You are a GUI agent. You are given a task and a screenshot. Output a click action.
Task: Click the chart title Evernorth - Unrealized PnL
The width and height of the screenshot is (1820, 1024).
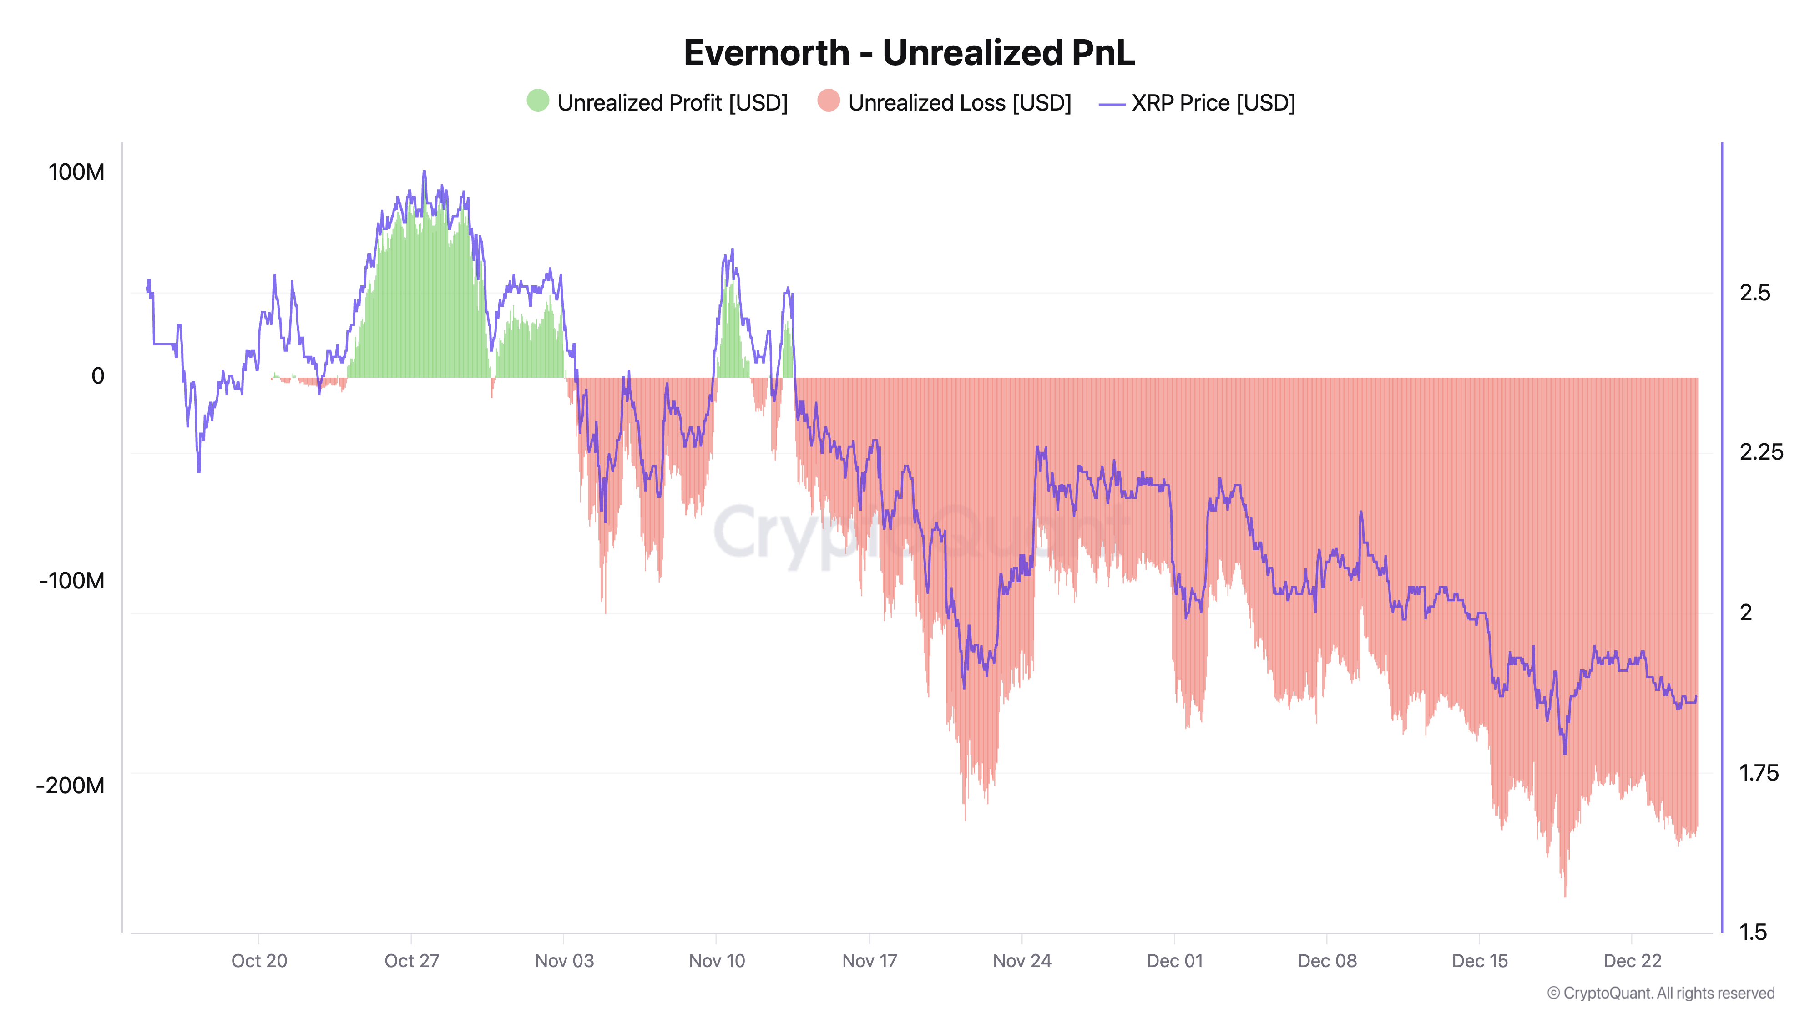point(909,53)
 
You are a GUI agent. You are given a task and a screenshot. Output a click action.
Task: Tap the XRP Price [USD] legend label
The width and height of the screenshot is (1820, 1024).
point(1213,103)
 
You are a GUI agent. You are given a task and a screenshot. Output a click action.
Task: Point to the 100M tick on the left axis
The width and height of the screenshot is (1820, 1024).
point(76,172)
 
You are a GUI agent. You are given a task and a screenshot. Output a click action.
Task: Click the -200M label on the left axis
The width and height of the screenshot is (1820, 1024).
point(71,785)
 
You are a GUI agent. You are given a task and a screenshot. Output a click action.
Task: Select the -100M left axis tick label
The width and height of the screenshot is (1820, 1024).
point(72,581)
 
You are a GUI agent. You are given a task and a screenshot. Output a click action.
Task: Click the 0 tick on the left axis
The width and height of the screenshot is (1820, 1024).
point(98,376)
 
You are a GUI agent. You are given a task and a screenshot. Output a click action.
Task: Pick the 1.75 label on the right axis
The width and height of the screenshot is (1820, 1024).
point(1759,772)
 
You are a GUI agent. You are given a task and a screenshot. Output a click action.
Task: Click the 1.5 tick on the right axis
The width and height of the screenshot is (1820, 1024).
point(1753,932)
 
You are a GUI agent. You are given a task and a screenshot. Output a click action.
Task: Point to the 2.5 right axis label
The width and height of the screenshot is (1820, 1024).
point(1755,293)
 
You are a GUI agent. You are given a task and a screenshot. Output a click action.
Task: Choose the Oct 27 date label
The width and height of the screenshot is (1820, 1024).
point(412,960)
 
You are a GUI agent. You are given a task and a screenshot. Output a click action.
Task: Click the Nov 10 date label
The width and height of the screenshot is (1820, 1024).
point(717,960)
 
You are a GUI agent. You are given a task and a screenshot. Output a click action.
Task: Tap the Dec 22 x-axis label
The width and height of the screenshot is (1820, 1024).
point(1632,960)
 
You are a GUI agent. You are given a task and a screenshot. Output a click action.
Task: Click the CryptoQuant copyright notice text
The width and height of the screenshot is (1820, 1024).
point(1660,993)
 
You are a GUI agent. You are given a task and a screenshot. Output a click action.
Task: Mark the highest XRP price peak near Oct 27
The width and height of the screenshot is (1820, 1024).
point(424,172)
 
